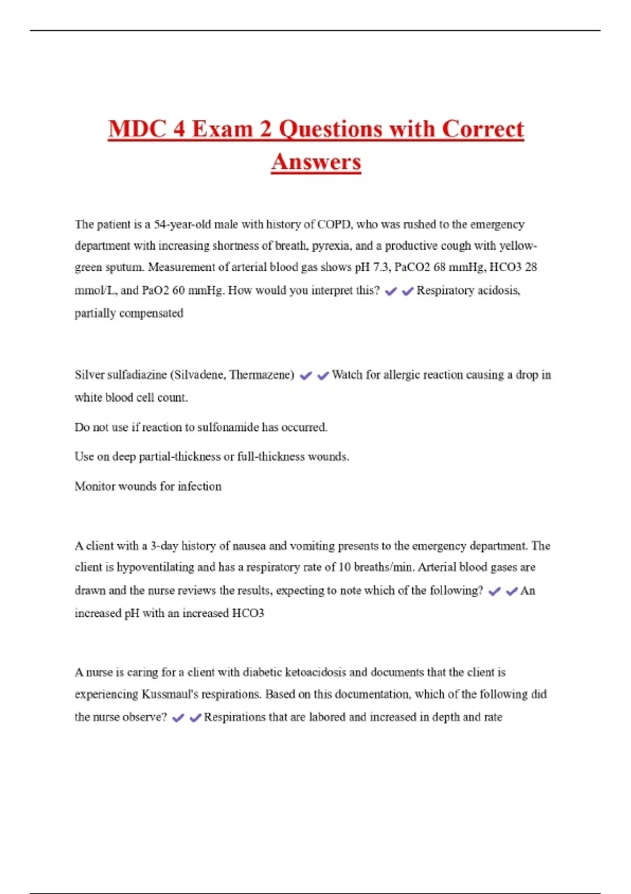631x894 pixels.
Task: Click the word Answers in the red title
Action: point(316,161)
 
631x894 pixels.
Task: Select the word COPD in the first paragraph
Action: point(334,225)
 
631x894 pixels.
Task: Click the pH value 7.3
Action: point(381,267)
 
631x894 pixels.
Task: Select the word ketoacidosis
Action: point(315,672)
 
